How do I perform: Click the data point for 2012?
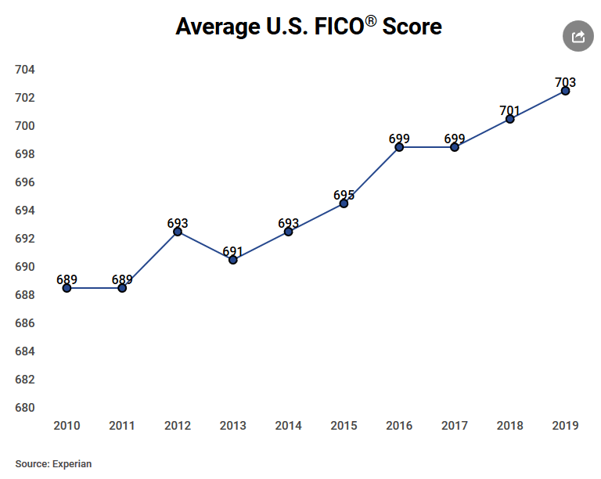178,232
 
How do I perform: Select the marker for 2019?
565,91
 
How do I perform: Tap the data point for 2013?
233,260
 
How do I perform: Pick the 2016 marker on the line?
399,147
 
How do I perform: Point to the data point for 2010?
67,288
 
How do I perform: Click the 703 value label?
565,82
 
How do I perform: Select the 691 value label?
233,251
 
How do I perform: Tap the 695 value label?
344,195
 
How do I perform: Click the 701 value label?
509,110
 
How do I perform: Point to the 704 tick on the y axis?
25,70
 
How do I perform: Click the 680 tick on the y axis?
25,408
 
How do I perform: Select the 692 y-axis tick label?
25,239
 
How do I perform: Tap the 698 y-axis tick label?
25,154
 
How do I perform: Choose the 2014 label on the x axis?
289,426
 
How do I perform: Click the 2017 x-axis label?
455,426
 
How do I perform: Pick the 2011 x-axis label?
122,426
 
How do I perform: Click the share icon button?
578,37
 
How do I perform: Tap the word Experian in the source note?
72,464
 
